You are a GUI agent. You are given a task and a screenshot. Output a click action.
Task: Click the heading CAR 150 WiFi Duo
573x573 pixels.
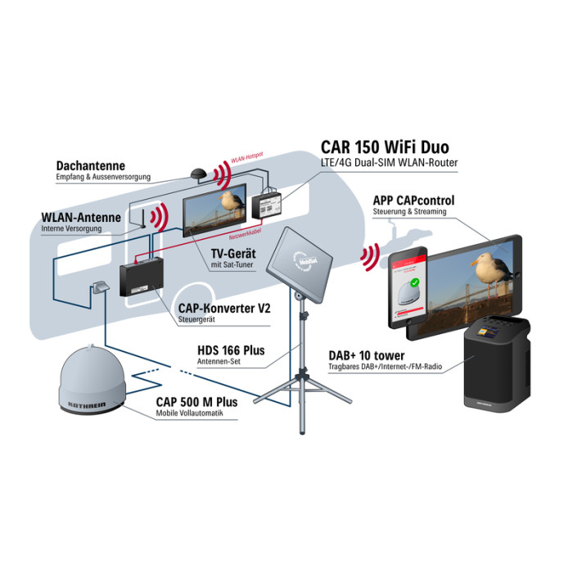[384, 148]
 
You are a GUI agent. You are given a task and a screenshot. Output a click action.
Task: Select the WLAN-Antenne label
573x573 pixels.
[81, 218]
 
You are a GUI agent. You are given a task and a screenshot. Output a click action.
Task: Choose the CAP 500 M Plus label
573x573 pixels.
[197, 402]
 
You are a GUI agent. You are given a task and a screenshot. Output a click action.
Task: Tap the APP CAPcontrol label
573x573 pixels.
[413, 201]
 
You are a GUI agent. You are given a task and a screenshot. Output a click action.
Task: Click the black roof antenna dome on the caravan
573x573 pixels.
[196, 174]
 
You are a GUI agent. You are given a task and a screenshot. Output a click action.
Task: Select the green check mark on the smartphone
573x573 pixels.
[414, 284]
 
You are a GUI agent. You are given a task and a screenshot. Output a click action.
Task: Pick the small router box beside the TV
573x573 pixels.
[268, 204]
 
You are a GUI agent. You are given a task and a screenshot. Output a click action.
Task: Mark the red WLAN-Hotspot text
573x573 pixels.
[246, 160]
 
